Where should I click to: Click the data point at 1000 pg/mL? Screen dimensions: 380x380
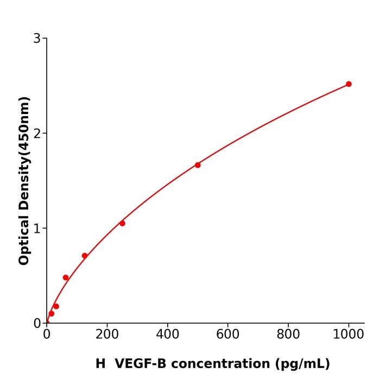(x=349, y=84)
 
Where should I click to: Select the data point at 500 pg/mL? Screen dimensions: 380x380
(x=198, y=165)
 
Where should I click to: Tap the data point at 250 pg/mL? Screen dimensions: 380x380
(x=122, y=223)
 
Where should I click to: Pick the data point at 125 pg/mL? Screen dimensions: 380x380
(x=85, y=256)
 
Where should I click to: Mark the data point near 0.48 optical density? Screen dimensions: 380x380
(x=66, y=277)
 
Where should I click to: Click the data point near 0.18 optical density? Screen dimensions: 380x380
(x=56, y=306)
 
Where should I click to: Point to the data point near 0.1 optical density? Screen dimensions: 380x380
(x=51, y=313)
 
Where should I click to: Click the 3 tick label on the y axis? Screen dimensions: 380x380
(x=37, y=39)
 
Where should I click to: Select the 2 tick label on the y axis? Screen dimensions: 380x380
(x=37, y=134)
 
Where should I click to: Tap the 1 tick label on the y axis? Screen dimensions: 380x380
(x=37, y=229)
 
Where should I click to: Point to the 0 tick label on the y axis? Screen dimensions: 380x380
(x=37, y=324)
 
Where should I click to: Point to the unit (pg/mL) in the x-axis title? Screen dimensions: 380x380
(x=301, y=364)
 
